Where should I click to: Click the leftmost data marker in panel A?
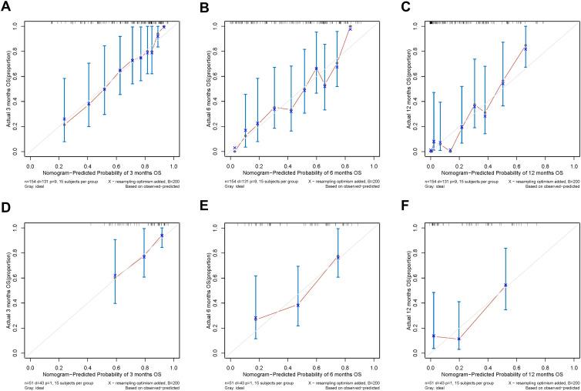point(64,119)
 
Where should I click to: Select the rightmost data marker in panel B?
point(351,28)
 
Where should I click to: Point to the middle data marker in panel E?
point(298,305)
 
